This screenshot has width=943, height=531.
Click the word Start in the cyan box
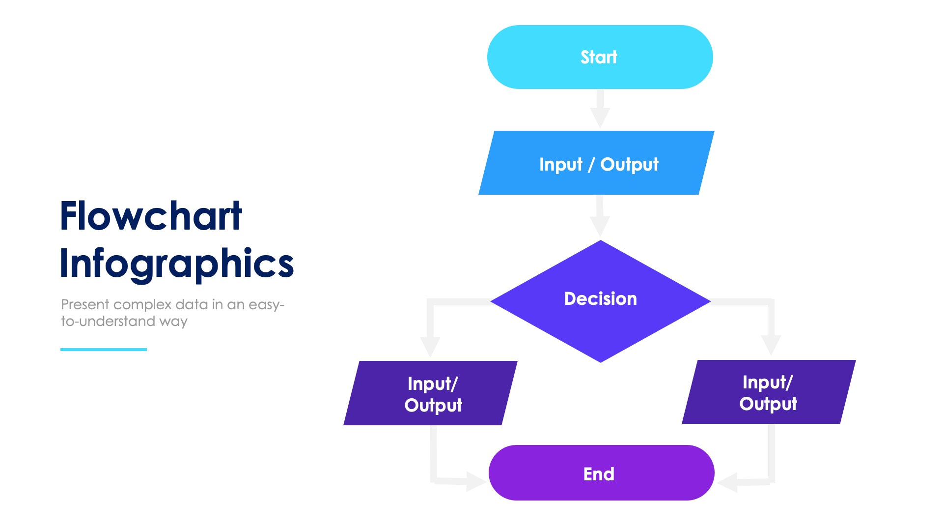[599, 57]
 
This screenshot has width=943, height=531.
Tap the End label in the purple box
[599, 474]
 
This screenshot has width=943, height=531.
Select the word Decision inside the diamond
[600, 298]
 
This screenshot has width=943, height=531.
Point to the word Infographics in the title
[176, 264]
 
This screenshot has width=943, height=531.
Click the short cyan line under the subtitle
[103, 350]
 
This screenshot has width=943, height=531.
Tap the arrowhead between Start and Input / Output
[600, 118]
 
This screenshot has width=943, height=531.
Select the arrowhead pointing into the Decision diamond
[600, 227]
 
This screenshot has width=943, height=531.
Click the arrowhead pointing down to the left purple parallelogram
[430, 346]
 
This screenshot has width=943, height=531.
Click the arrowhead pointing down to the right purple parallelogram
[771, 345]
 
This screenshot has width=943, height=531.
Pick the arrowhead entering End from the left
[475, 481]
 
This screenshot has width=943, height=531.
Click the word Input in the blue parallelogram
[560, 164]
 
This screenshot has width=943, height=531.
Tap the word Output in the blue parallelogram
[629, 164]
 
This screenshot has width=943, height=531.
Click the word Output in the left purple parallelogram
[433, 405]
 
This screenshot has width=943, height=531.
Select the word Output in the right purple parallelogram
[768, 404]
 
